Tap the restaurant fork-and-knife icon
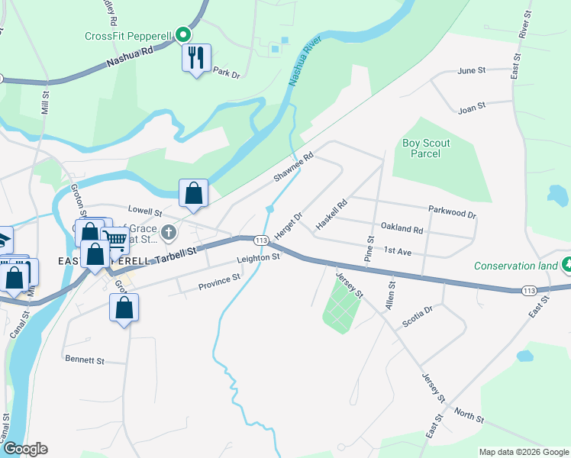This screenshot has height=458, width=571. [196, 56]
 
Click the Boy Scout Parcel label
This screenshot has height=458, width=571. [426, 148]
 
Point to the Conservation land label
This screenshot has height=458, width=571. [516, 266]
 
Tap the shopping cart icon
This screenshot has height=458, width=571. [116, 240]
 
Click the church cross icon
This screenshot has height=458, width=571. [168, 232]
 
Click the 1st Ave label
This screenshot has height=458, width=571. [398, 250]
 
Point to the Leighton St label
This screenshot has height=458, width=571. [259, 259]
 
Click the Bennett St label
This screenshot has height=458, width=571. [84, 359]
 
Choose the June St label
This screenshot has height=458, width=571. [471, 71]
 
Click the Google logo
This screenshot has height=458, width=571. [24, 449]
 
